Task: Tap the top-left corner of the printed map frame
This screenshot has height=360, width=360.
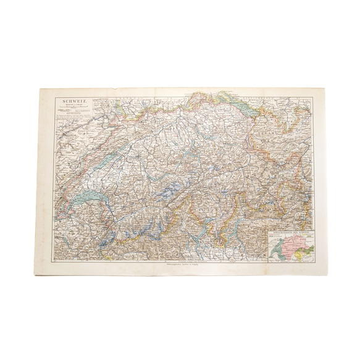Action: coord(53,94)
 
